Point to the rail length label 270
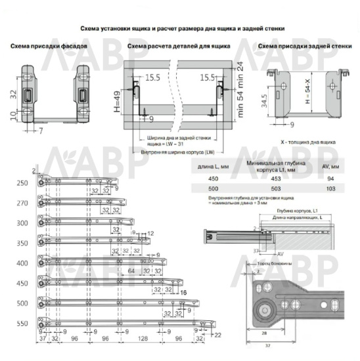[x=23, y=204]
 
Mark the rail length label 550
[x=23, y=324]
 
